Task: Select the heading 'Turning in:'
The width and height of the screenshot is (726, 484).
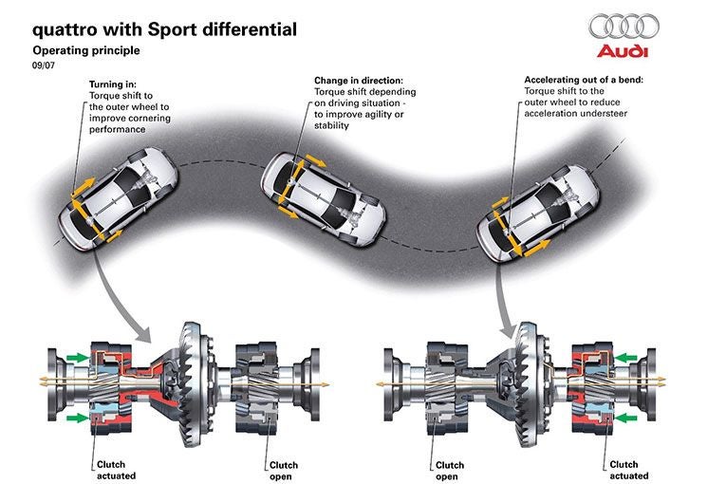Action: pos(114,84)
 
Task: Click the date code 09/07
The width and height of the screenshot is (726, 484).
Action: pos(44,66)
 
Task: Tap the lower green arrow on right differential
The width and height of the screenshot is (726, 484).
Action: pos(625,417)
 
